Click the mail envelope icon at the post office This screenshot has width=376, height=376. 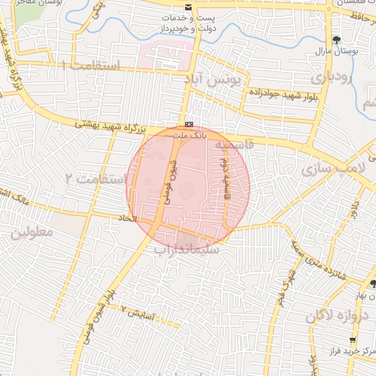190,7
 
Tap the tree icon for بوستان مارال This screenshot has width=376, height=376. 337,40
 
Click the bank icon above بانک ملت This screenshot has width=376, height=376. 189,124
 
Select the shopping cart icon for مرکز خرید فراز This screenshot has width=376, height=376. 353,340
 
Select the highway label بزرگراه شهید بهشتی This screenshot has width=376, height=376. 113,126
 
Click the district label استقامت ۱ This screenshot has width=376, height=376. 91,65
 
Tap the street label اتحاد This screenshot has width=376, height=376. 128,219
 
